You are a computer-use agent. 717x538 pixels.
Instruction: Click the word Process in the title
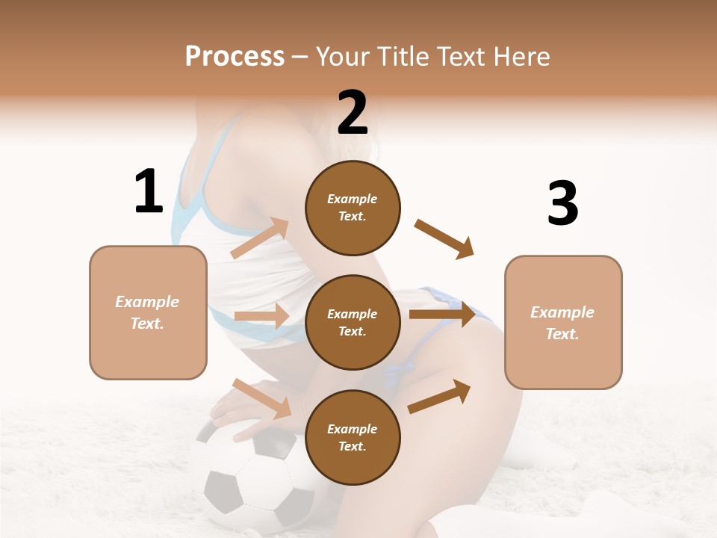point(235,57)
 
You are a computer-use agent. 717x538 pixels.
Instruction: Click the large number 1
point(149,192)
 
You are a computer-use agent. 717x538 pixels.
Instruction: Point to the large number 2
point(353,113)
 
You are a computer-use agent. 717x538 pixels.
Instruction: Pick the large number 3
point(562,203)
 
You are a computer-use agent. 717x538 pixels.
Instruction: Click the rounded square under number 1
point(148,312)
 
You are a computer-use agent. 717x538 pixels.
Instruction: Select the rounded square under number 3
point(563,323)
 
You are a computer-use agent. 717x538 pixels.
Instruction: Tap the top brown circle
point(353,208)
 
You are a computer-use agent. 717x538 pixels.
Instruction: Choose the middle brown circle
point(353,322)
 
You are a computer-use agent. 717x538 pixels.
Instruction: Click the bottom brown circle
point(353,437)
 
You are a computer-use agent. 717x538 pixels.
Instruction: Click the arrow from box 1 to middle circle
point(261,316)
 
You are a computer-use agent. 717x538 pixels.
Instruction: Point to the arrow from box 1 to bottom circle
point(261,398)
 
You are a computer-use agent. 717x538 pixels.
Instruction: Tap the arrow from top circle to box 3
point(444,239)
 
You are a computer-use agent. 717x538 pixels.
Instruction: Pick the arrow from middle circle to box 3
point(442,314)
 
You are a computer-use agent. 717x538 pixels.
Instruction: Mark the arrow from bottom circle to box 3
point(439,396)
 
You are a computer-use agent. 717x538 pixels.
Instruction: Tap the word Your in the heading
point(339,57)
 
